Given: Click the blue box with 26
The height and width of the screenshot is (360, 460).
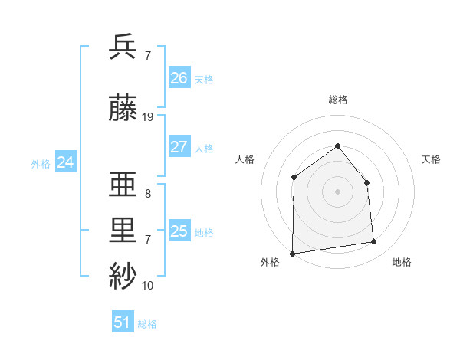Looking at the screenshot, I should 179,78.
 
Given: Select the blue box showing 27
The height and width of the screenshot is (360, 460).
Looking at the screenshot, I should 179,147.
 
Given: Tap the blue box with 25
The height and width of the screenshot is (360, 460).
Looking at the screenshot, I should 179,231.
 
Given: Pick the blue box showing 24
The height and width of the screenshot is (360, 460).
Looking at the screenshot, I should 66,162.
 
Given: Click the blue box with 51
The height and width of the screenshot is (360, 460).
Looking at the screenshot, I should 123,322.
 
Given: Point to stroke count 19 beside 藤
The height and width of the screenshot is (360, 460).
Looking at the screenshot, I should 148,117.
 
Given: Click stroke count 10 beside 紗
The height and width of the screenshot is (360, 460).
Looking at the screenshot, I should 148,286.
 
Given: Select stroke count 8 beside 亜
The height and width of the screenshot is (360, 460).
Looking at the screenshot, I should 148,194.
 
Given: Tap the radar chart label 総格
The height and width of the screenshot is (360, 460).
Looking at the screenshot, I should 337,100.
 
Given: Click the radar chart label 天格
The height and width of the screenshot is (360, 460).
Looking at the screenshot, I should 431,159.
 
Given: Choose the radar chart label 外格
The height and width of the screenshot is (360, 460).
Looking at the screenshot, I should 270,263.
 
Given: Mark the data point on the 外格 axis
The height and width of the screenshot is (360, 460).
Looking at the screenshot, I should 292,254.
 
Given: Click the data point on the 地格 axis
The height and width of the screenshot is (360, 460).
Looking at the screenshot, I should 374,242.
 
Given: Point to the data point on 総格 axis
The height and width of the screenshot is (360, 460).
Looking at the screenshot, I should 337,146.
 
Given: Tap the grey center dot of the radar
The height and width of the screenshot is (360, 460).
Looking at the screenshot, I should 337,191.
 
